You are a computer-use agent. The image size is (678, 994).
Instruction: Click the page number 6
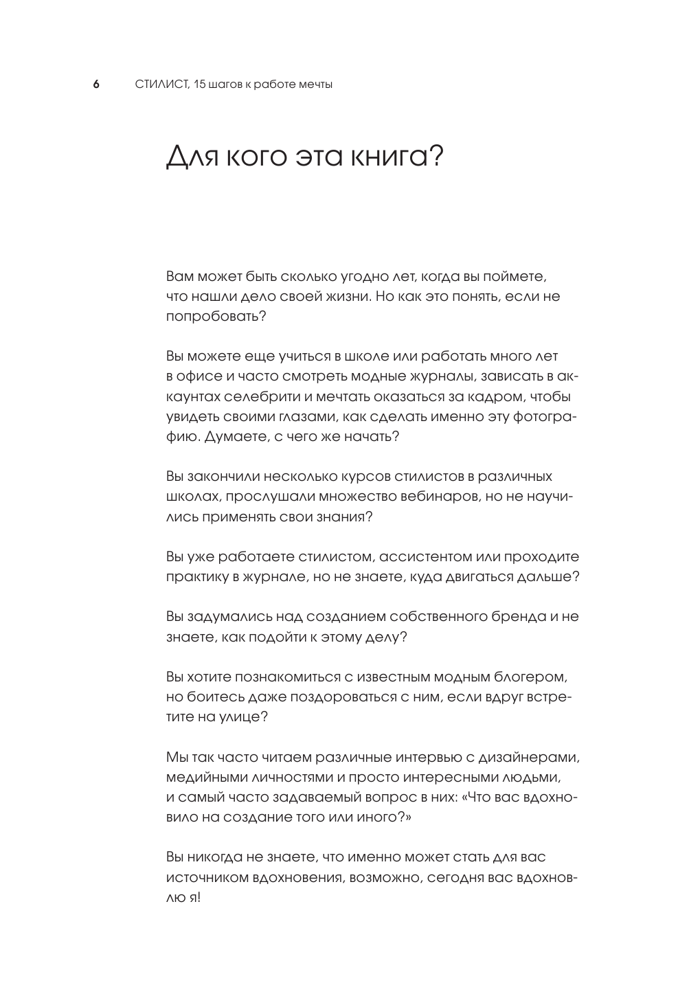click(x=96, y=84)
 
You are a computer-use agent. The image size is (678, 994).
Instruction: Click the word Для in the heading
click(x=188, y=157)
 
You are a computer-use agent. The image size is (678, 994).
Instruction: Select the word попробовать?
click(x=216, y=317)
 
